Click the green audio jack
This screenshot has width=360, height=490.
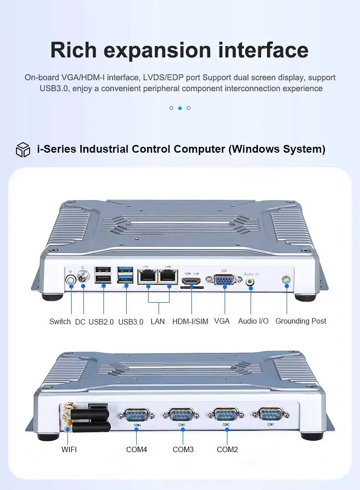[x=250, y=282]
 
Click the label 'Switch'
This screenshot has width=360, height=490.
[x=60, y=321]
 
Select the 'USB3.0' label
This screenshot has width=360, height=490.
[x=131, y=322]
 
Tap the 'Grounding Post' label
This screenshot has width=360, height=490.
[x=301, y=321]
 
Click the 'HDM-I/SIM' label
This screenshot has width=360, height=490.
[x=190, y=321]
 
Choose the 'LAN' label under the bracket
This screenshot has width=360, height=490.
[x=158, y=321]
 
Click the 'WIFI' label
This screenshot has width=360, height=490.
[x=69, y=450]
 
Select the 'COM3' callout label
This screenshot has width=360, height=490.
[x=183, y=450]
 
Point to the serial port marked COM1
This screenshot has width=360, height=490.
[x=271, y=414]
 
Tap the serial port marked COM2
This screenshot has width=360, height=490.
[x=226, y=415]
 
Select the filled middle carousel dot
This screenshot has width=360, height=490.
[x=180, y=108]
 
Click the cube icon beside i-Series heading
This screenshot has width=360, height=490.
[x=23, y=150]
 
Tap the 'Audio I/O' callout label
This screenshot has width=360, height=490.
[x=253, y=321]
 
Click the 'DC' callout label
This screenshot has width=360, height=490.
[x=80, y=322]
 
